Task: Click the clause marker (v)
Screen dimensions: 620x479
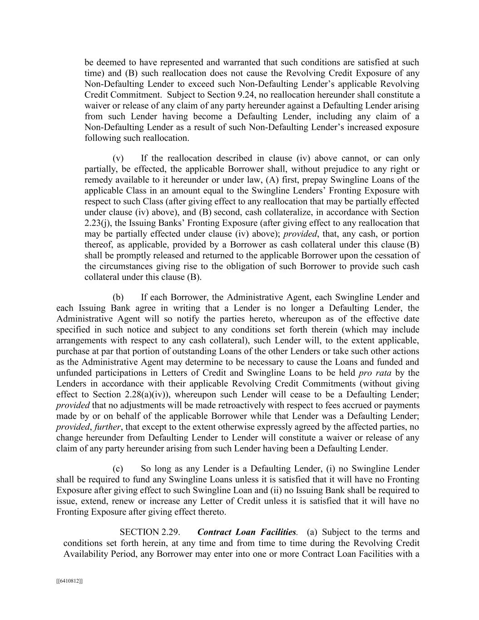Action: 118,159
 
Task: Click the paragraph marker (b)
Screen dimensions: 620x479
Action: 118,298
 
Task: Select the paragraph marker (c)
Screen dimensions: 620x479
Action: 118,469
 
